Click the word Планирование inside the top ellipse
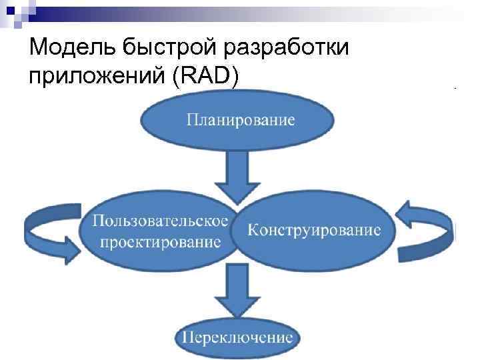click(240, 121)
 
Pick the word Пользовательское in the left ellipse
click(160, 220)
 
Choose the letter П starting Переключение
click(188, 337)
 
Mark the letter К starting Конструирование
click(254, 230)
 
